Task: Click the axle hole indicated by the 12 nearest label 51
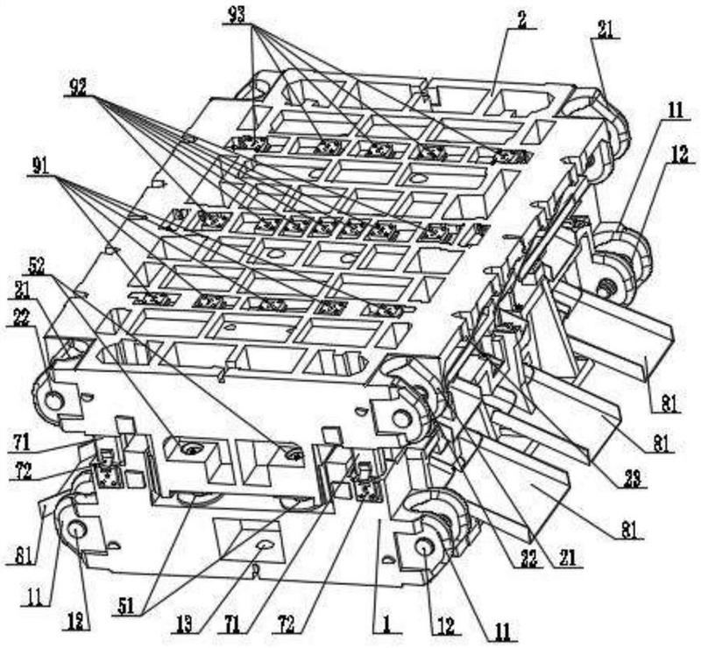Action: (x=74, y=528)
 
